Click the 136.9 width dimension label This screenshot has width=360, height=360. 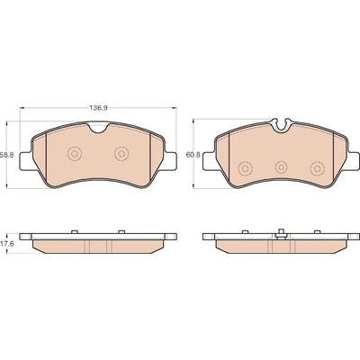[99, 108]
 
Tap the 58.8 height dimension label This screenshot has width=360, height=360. [6, 156]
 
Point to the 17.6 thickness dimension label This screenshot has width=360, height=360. [5, 244]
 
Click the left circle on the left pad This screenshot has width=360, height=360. [75, 154]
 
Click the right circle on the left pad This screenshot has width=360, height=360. [121, 154]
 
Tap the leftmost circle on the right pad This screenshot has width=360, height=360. [245, 168]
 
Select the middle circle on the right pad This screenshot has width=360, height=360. [281, 166]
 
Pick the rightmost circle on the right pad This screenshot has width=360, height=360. [317, 168]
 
